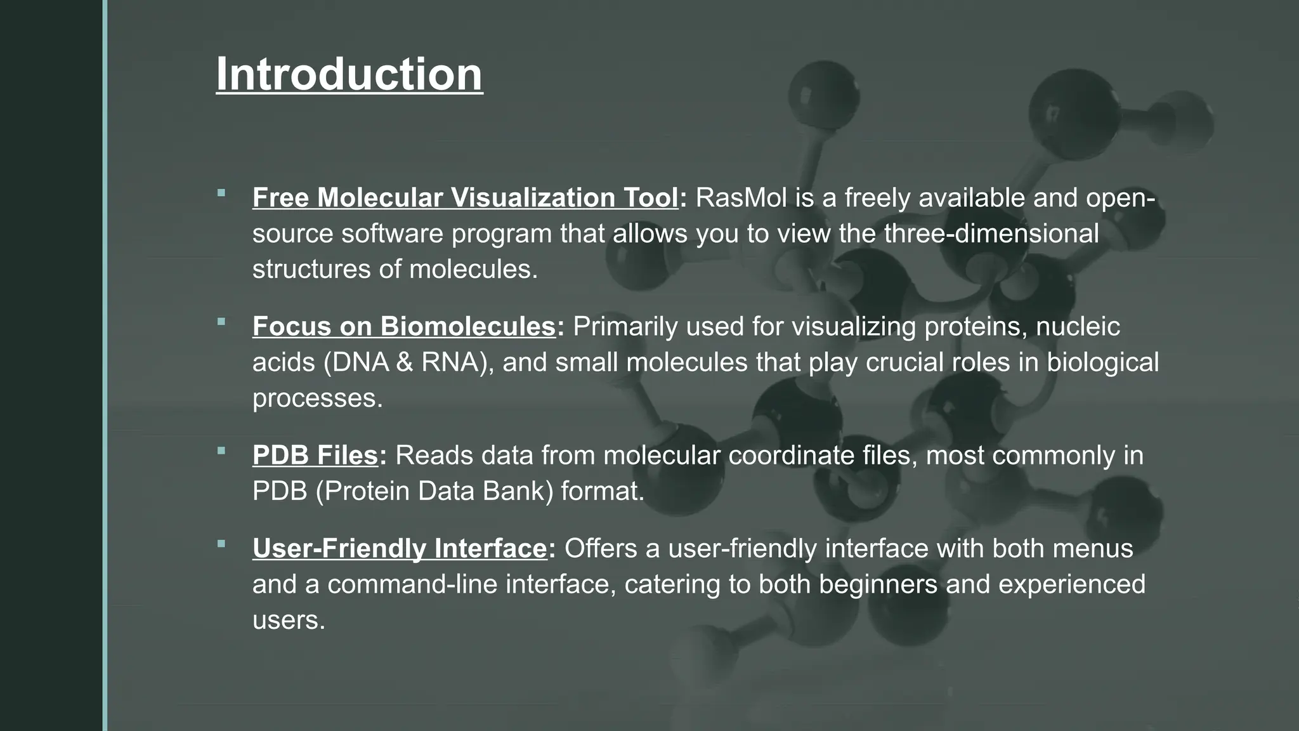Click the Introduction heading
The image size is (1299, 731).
point(349,75)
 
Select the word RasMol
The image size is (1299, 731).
point(741,198)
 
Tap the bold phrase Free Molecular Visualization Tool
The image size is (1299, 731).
point(466,198)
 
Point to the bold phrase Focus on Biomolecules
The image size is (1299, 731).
point(404,327)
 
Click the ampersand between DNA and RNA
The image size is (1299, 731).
point(404,362)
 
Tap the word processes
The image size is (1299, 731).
point(317,398)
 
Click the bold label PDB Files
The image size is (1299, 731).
point(315,456)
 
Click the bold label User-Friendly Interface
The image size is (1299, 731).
point(400,548)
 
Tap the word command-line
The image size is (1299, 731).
point(412,584)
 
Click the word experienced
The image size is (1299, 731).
point(1072,584)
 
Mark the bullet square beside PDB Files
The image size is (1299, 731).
point(221,451)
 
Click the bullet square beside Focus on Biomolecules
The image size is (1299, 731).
point(221,322)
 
